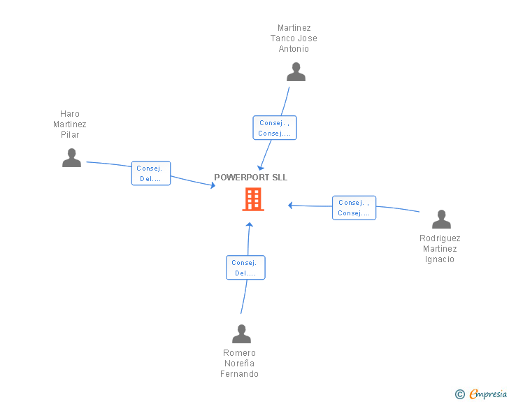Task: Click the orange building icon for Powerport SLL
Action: (253, 199)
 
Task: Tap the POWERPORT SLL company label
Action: (250, 178)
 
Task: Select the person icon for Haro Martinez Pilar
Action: (71, 158)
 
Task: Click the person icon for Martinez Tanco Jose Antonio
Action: (296, 72)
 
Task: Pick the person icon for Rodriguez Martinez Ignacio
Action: (441, 220)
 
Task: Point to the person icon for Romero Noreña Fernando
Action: (241, 333)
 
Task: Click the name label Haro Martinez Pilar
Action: (70, 124)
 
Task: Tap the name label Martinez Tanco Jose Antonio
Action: (294, 38)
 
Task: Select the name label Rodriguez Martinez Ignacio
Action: (440, 249)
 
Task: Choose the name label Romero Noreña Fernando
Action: (239, 364)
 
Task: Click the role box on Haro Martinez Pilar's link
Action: (151, 173)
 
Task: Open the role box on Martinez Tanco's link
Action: (275, 128)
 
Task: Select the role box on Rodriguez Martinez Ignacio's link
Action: (354, 208)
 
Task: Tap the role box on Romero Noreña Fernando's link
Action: (245, 268)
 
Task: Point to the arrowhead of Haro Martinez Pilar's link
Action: (213, 185)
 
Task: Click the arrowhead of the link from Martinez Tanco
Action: (261, 168)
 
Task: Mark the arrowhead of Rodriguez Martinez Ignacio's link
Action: (291, 206)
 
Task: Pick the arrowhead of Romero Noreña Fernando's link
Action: (250, 224)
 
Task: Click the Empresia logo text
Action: (488, 394)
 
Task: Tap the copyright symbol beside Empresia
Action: (459, 394)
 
